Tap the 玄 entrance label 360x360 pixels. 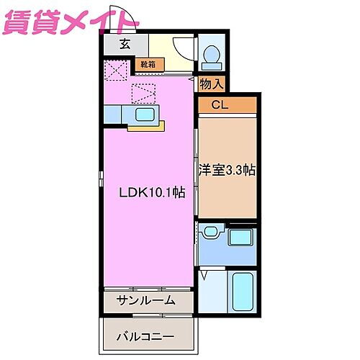125,44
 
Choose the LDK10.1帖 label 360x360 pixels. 152,193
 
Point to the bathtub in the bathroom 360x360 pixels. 243,292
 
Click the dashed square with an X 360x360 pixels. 115,71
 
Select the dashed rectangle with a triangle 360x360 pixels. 144,93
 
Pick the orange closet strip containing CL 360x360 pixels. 228,105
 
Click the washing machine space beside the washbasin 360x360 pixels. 241,238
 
